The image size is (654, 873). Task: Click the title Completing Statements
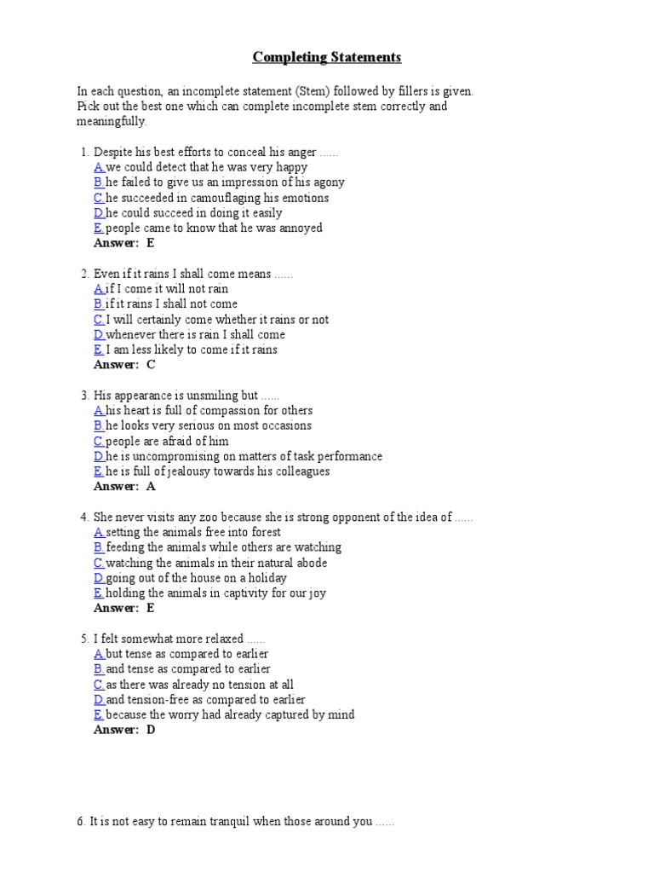(x=327, y=58)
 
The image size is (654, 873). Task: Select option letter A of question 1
(x=99, y=167)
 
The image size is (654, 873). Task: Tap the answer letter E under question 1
(x=151, y=243)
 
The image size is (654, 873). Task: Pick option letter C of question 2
(x=99, y=320)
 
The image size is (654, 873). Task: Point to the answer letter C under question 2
(x=151, y=365)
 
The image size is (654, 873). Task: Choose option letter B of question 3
(x=99, y=425)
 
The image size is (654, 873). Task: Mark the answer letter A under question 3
(x=151, y=487)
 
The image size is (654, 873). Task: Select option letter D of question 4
(x=99, y=578)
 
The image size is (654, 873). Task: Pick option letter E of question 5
(x=99, y=714)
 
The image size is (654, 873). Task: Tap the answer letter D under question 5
(x=151, y=730)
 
